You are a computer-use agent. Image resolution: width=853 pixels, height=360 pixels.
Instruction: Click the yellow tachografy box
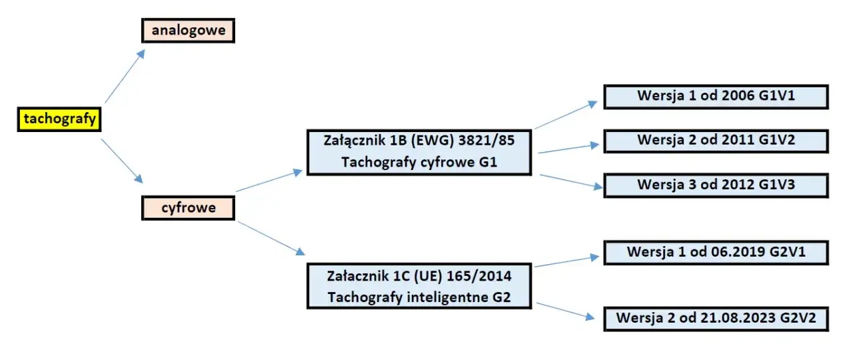pyautogui.click(x=59, y=119)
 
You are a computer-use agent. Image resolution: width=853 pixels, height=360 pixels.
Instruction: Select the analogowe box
pyautogui.click(x=188, y=31)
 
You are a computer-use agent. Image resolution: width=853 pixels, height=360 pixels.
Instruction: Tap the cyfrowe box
pyautogui.click(x=188, y=208)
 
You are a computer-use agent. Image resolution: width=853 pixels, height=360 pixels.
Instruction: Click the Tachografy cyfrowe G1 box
pyautogui.click(x=419, y=152)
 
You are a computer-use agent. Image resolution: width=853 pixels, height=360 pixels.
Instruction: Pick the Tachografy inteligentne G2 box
pyautogui.click(x=419, y=285)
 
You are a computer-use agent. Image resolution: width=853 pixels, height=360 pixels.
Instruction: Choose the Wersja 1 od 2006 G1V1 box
pyautogui.click(x=716, y=97)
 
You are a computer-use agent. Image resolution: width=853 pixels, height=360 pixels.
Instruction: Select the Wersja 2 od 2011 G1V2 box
pyautogui.click(x=716, y=141)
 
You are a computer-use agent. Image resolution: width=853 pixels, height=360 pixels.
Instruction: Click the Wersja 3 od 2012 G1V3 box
pyautogui.click(x=716, y=185)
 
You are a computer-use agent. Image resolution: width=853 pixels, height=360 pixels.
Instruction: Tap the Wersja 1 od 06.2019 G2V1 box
pyautogui.click(x=716, y=253)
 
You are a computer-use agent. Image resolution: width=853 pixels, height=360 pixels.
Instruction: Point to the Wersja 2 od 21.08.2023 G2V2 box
pyautogui.click(x=716, y=318)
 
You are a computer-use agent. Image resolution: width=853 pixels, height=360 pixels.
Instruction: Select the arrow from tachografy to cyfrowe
pyautogui.click(x=122, y=161)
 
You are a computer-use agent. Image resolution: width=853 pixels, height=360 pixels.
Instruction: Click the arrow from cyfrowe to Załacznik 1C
pyautogui.click(x=271, y=237)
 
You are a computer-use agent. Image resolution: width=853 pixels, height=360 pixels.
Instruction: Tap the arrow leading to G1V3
pyautogui.click(x=570, y=181)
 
